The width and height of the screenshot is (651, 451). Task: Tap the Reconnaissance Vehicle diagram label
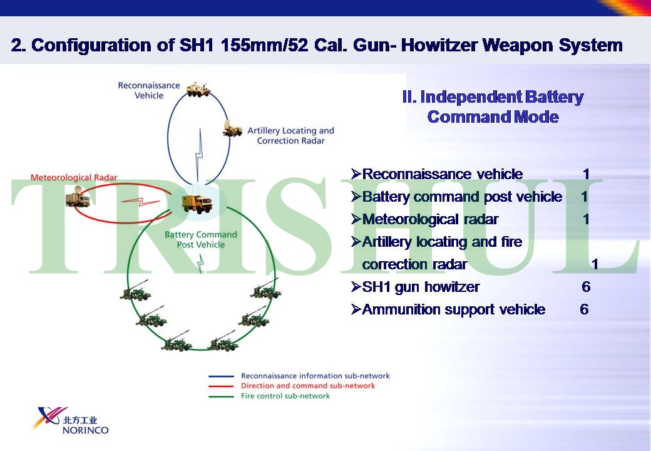click(x=149, y=90)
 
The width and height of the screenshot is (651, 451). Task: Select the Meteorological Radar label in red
click(x=74, y=178)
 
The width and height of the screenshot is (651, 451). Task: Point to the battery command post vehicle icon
click(x=197, y=203)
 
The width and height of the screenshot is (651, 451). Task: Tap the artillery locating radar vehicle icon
click(x=232, y=128)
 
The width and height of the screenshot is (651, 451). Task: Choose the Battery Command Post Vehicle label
click(x=201, y=239)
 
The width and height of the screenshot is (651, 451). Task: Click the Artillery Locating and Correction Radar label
click(x=290, y=135)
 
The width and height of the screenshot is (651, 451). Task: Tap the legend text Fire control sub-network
click(x=285, y=396)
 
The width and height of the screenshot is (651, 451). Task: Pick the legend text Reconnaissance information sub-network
click(x=315, y=376)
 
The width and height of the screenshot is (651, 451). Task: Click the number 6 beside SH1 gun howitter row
click(x=585, y=287)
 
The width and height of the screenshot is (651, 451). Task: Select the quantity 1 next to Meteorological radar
click(x=586, y=219)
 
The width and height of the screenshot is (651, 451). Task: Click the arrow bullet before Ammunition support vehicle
click(x=356, y=309)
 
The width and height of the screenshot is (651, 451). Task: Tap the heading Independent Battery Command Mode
click(x=493, y=107)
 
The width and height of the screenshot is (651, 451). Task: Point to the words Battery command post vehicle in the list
click(x=462, y=197)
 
